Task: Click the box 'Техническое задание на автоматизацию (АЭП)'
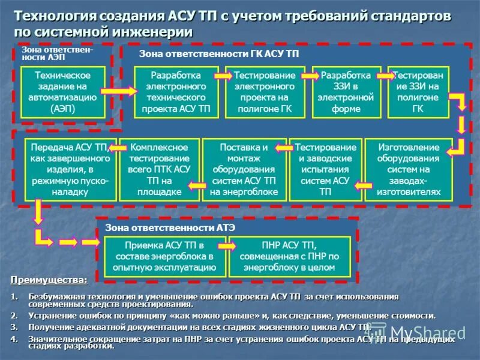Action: [63, 92]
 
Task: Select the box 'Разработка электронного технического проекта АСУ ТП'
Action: [176, 92]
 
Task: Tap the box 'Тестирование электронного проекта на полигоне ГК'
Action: [265, 92]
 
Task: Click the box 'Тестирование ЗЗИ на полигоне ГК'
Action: [418, 92]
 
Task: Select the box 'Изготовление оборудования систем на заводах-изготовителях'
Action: [409, 170]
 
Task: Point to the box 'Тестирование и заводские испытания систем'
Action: [325, 170]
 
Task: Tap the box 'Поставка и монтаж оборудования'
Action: [244, 170]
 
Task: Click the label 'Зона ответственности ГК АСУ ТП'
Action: [219, 55]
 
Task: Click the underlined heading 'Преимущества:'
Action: [49, 280]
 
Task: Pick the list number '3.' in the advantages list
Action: [14, 327]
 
